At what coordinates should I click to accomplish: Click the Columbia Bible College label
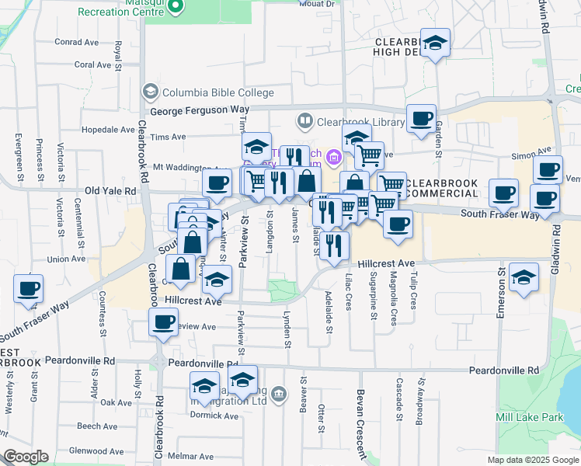pyautogui.click(x=217, y=92)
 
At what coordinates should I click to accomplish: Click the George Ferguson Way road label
pyautogui.click(x=200, y=110)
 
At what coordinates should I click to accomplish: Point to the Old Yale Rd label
pyautogui.click(x=110, y=190)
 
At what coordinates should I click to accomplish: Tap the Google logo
pyautogui.click(x=26, y=457)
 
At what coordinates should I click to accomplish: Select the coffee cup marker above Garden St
pyautogui.click(x=421, y=118)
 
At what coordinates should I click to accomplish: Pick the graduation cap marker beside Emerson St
pyautogui.click(x=524, y=277)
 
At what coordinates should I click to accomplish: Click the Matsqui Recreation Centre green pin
pyautogui.click(x=176, y=7)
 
